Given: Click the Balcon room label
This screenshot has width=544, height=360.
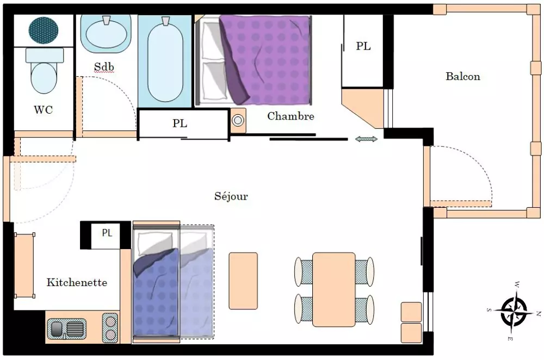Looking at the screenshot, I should click(463, 77).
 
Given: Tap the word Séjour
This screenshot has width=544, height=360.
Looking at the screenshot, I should click(231, 196).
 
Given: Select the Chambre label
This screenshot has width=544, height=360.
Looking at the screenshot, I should click(290, 116).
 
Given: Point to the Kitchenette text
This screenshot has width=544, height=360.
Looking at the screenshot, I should click(77, 283).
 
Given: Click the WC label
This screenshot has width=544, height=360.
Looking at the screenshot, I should click(44, 110).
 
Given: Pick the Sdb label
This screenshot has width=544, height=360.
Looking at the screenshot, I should click(104, 67).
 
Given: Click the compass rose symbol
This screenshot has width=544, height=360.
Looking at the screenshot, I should click(514, 311).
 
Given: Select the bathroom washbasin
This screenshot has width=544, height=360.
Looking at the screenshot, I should click(106, 32).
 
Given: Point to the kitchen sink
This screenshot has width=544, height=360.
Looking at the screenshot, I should click(67, 329).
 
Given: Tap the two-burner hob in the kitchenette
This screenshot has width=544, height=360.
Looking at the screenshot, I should click(110, 328).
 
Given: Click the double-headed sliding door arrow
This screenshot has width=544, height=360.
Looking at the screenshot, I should click(366, 140).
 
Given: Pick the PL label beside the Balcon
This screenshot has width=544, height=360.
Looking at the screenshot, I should click(363, 47).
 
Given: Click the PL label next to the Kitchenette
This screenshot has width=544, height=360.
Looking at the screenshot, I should click(107, 233).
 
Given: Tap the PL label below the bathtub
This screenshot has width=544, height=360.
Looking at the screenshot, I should click(180, 123).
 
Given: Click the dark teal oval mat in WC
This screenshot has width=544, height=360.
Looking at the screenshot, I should click(44, 30).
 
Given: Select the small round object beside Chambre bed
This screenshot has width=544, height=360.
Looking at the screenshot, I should click(238, 121).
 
